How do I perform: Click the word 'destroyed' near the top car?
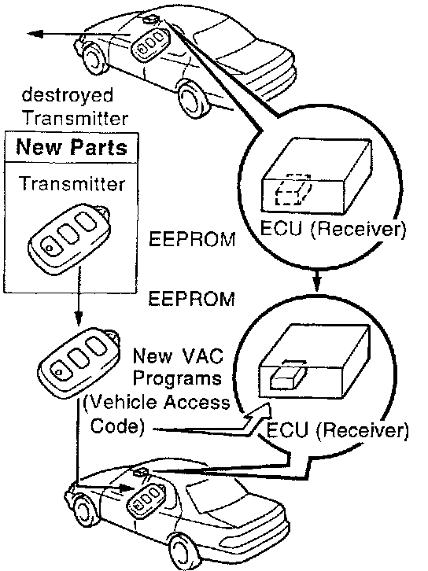[x=68, y=95]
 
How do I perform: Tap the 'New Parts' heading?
[x=72, y=147]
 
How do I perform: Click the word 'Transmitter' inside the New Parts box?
[x=72, y=183]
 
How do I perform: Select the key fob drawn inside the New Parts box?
[x=69, y=238]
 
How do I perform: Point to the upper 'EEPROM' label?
[x=192, y=239]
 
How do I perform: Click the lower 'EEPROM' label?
[x=192, y=299]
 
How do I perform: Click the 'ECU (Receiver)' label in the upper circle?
[x=333, y=229]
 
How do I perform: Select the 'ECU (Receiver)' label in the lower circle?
[x=338, y=430]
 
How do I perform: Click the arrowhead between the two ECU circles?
[x=317, y=282]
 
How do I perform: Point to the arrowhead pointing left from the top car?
[x=35, y=34]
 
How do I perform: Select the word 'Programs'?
[x=177, y=379]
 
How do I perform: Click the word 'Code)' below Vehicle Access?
[x=117, y=425]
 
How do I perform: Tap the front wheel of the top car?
[x=192, y=97]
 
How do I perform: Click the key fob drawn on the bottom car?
[x=146, y=498]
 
